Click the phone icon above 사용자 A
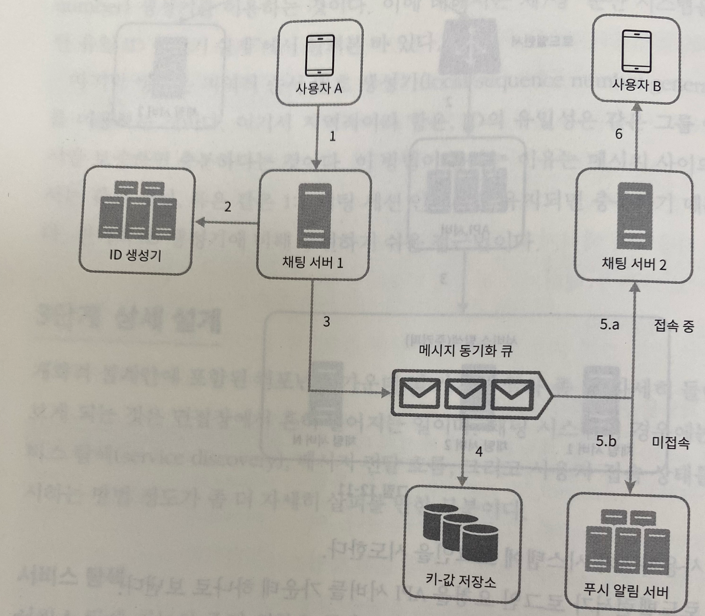point(320,55)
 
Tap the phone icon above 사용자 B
point(637,51)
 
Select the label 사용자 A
point(319,89)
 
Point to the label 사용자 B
point(636,86)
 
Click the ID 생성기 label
point(135,255)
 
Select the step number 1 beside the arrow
point(332,136)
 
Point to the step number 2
point(227,207)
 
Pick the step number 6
point(618,134)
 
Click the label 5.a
point(609,325)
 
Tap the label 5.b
point(606,441)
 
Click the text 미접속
point(671,443)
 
